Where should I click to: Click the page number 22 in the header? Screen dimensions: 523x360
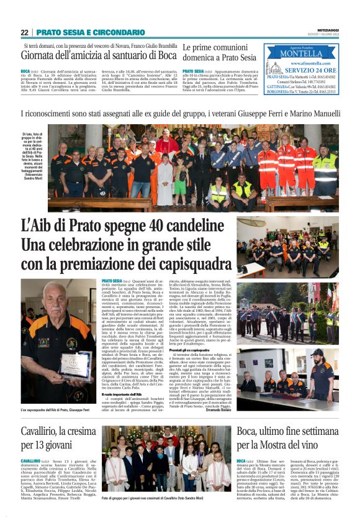[x=24, y=32]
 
